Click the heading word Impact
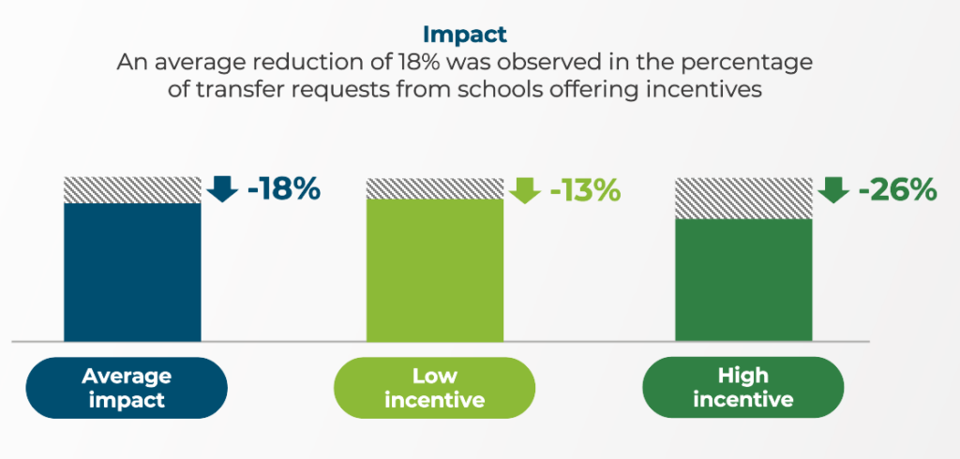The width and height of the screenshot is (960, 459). point(464,35)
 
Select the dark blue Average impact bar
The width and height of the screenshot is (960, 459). point(132,272)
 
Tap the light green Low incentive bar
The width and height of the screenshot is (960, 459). point(434,270)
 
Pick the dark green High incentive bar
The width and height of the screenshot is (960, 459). point(743,279)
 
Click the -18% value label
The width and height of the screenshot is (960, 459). point(284,190)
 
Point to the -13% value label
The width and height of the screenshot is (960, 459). point(585,190)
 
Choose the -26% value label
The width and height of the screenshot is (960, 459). point(897,190)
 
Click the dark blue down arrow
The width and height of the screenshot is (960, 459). point(222,188)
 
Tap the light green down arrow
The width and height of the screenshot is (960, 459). point(525,188)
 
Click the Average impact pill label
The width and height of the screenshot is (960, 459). point(127,388)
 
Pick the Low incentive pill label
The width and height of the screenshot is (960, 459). point(434,388)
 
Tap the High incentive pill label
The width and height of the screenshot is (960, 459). point(742,388)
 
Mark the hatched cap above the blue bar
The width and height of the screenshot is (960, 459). point(132,189)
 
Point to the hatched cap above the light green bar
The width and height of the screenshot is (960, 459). point(434,187)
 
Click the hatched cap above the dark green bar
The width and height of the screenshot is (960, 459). point(743,198)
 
